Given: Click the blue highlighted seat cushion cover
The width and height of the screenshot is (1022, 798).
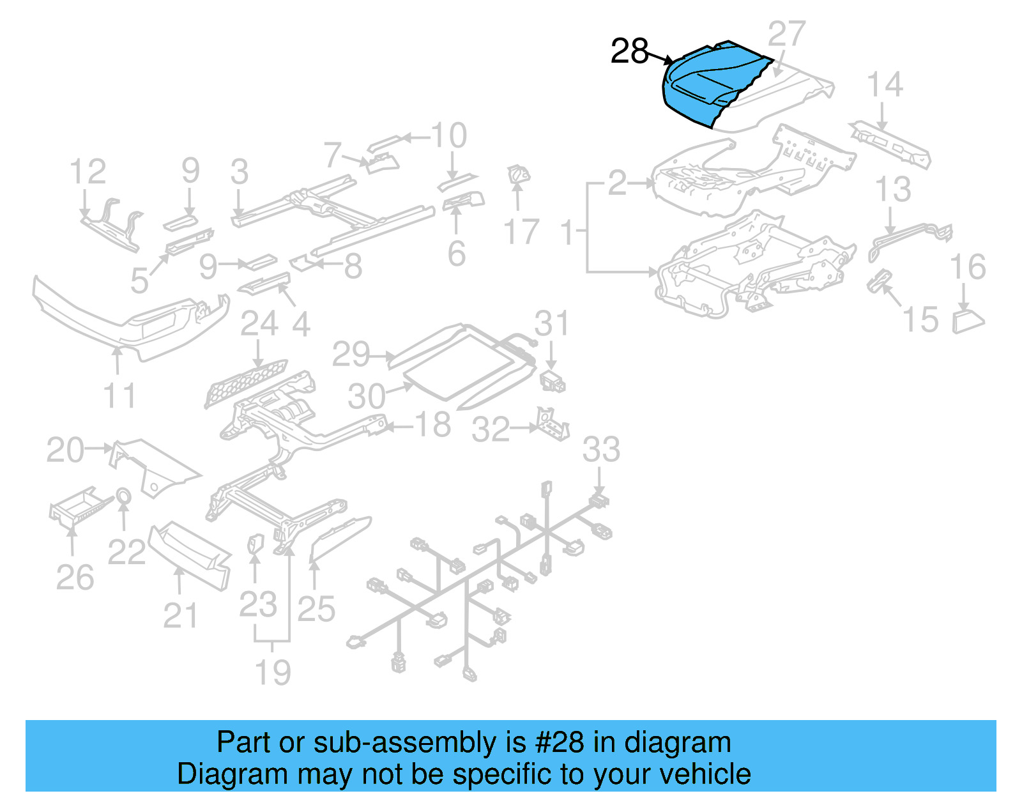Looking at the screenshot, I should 709,83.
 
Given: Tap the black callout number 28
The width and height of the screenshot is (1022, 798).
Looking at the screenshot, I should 629,51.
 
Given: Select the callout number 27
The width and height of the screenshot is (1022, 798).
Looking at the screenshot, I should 786,34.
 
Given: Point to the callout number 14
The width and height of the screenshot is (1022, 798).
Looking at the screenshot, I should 885,84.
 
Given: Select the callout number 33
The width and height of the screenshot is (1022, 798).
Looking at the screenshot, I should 600,449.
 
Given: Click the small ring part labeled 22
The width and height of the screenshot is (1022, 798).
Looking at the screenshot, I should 123,496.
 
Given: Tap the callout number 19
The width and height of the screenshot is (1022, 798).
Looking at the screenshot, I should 273,672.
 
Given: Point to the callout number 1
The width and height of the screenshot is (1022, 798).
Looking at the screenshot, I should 567,233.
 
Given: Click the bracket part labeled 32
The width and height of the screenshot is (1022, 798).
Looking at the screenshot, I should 553,423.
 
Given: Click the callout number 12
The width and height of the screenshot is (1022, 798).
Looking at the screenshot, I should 88,172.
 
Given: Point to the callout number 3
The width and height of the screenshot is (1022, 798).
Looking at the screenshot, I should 240,172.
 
